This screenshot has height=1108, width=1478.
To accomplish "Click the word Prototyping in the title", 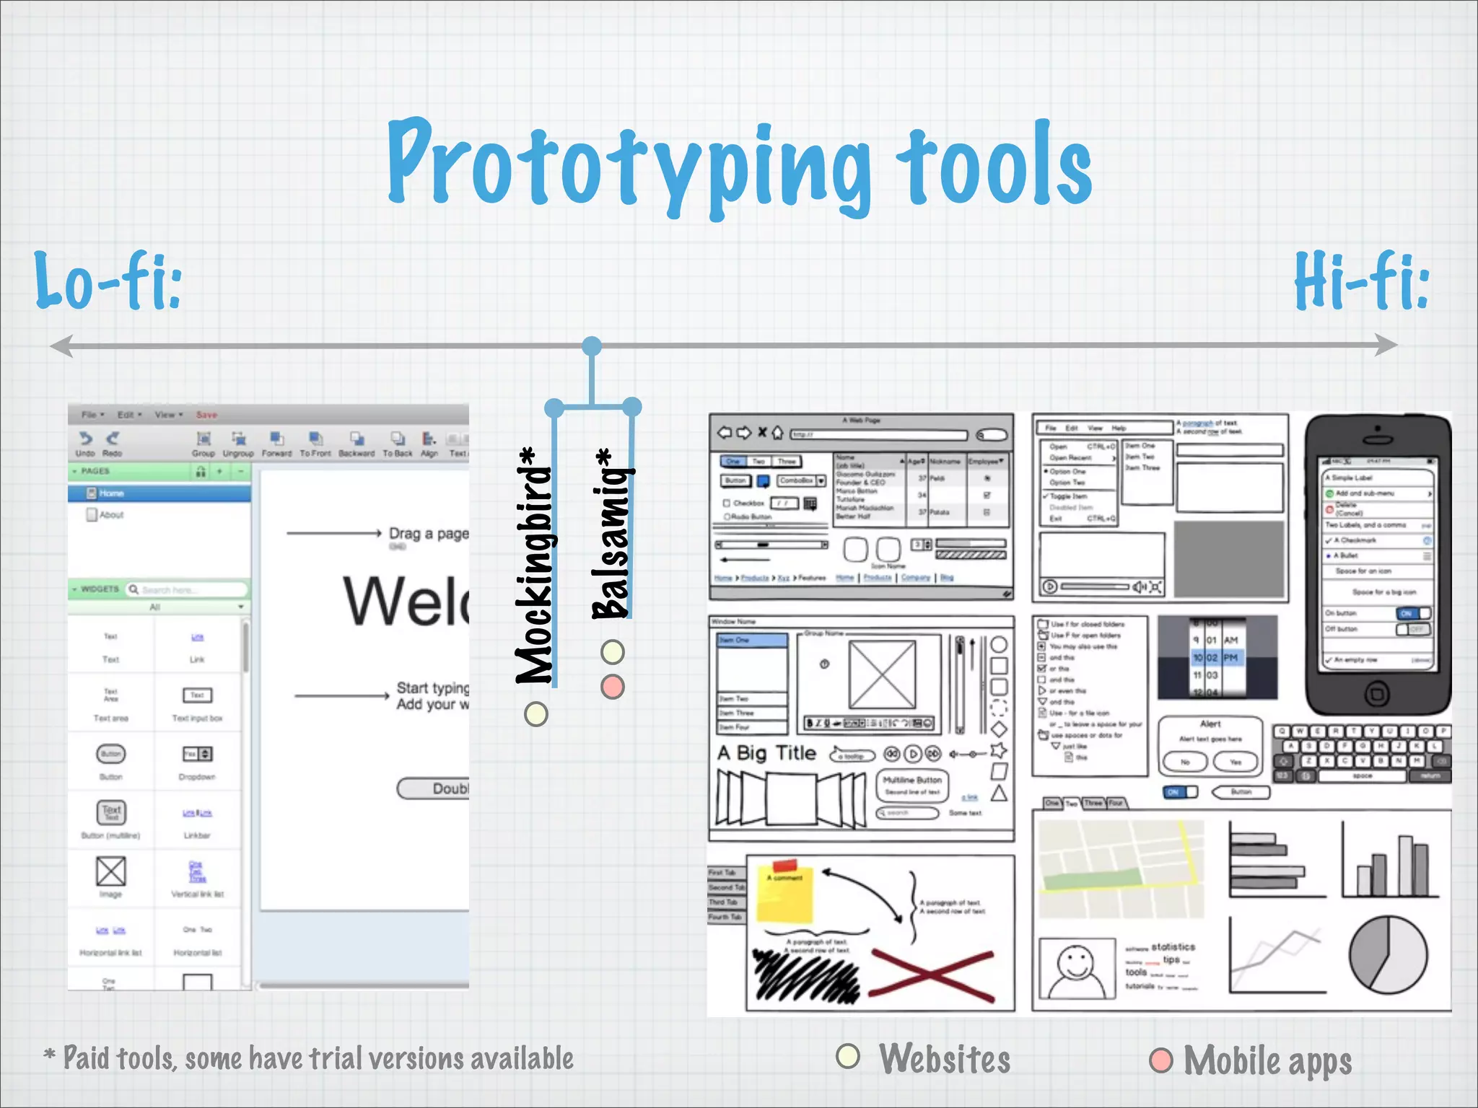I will (628, 166).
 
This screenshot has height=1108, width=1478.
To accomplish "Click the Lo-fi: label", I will (108, 281).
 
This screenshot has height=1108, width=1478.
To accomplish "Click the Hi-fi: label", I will (1361, 281).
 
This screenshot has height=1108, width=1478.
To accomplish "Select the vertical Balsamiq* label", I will (613, 534).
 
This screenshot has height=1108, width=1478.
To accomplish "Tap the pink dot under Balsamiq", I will (613, 686).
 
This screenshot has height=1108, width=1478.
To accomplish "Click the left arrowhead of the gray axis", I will (61, 346).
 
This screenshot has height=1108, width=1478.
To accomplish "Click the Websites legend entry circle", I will (848, 1057).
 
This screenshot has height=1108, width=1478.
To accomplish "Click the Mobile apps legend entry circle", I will (1161, 1060).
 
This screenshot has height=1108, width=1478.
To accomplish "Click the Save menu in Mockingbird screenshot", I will (206, 415).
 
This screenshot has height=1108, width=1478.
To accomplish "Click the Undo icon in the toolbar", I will (85, 439).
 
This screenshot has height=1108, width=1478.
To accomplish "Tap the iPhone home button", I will (1377, 694).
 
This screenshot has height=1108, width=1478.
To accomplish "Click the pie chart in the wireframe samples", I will (1389, 954).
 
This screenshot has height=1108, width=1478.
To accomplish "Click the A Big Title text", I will (766, 753).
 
